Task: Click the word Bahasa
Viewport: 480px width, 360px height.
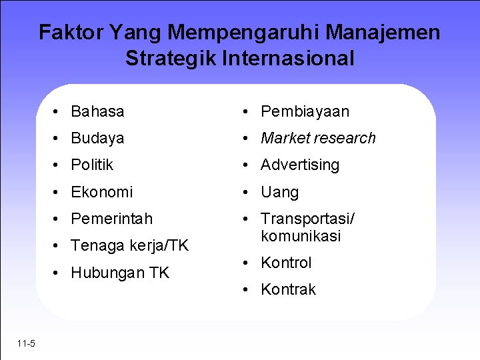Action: pyautogui.click(x=97, y=111)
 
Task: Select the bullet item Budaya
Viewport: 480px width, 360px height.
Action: pyautogui.click(x=97, y=139)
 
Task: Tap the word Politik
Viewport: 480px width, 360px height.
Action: pyautogui.click(x=92, y=165)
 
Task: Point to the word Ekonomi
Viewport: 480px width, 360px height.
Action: pyautogui.click(x=102, y=192)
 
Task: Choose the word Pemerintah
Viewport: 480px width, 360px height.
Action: pyautogui.click(x=111, y=219)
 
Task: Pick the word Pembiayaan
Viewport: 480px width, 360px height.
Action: pyautogui.click(x=305, y=111)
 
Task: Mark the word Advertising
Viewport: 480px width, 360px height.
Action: pyautogui.click(x=300, y=165)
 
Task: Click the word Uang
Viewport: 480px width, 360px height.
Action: pyautogui.click(x=279, y=192)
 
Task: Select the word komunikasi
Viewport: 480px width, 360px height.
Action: pyautogui.click(x=301, y=236)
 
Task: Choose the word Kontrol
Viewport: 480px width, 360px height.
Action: pyautogui.click(x=286, y=263)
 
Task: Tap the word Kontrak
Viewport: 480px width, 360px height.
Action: pyautogui.click(x=288, y=289)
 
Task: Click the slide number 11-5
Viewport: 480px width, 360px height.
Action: pyautogui.click(x=27, y=343)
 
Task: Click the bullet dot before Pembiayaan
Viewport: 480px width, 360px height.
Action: pyautogui.click(x=246, y=112)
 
